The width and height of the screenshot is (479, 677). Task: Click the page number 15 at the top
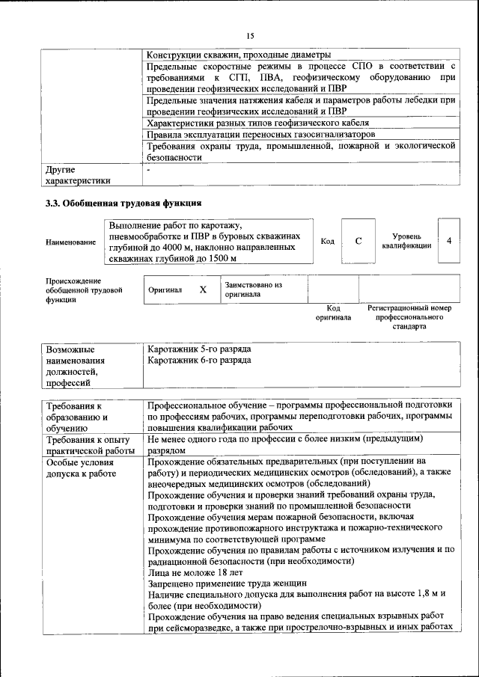pyautogui.click(x=250, y=35)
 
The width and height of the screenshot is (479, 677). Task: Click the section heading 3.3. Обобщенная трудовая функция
pyautogui.click(x=123, y=203)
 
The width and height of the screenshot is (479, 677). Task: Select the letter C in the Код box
pyautogui.click(x=359, y=241)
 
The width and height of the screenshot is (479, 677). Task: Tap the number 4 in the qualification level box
pyautogui.click(x=448, y=241)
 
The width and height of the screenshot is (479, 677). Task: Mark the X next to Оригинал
pyautogui.click(x=202, y=289)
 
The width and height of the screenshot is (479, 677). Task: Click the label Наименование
pyautogui.click(x=70, y=242)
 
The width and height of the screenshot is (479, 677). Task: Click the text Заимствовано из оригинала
pyautogui.click(x=253, y=290)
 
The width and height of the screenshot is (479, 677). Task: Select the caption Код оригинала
pyautogui.click(x=333, y=313)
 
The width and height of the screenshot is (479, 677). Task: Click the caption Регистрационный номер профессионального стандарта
pyautogui.click(x=409, y=317)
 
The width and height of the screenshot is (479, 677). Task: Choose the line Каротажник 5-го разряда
pyautogui.click(x=199, y=349)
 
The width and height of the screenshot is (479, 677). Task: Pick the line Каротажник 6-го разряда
pyautogui.click(x=199, y=361)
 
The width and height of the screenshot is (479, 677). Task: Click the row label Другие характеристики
pyautogui.click(x=78, y=175)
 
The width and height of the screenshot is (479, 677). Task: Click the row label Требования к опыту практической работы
pyautogui.click(x=88, y=444)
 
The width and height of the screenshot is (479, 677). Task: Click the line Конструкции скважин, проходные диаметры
pyautogui.click(x=237, y=55)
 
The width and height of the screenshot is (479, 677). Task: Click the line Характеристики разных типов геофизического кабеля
pyautogui.click(x=257, y=123)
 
